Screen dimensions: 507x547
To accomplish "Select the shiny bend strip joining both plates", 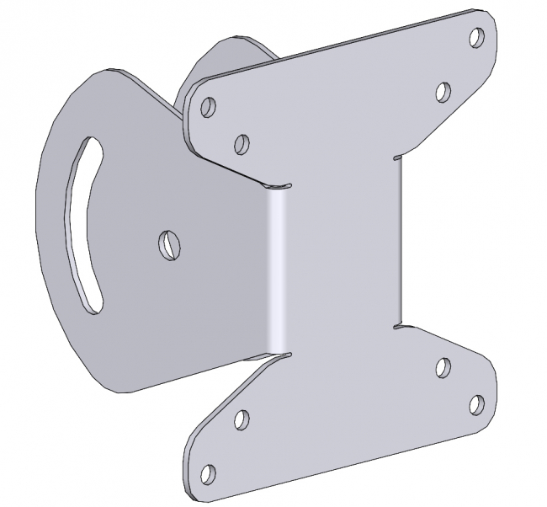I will (275, 270).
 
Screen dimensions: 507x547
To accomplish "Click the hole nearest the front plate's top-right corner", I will (476, 38).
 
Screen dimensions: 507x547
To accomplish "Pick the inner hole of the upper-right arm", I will (443, 92).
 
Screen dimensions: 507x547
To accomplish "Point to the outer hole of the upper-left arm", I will (209, 107).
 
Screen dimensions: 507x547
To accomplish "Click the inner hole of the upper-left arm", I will (242, 144).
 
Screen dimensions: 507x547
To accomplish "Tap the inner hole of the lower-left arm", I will (241, 418).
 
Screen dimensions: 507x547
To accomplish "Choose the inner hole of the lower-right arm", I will (443, 367).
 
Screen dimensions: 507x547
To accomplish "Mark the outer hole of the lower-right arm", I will (475, 405).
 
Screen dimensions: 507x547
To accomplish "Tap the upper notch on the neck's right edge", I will (397, 157).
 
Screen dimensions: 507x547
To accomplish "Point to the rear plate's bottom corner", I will (118, 390).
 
